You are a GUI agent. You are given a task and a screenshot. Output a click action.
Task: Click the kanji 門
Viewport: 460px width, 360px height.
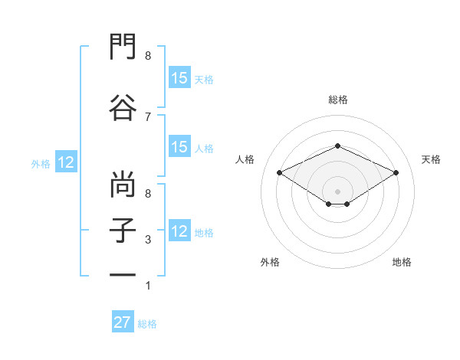[x=123, y=46]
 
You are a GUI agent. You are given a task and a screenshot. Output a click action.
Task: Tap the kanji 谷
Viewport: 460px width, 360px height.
[x=123, y=107]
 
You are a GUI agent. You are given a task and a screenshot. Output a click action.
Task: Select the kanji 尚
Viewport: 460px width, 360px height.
[x=123, y=184]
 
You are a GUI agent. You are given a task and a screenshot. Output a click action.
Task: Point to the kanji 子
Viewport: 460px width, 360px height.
[x=123, y=231]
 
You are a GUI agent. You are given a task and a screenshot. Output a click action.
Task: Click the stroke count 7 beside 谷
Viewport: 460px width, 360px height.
[x=148, y=117]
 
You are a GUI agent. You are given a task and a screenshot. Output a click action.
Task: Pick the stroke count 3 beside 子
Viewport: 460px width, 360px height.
[x=148, y=240]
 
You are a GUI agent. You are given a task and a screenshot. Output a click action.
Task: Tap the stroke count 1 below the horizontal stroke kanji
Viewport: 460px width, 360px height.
[x=148, y=286]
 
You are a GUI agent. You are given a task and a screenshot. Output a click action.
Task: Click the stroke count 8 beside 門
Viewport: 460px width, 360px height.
[x=148, y=55]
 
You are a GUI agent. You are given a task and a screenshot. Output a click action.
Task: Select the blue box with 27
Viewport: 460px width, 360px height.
[x=123, y=321]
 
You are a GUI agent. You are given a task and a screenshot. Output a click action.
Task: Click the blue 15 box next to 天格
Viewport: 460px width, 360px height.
[x=179, y=77]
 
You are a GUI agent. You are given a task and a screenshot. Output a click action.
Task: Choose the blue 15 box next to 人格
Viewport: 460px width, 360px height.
[x=179, y=146]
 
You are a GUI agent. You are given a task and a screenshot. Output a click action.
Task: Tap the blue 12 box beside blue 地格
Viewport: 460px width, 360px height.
[x=179, y=230]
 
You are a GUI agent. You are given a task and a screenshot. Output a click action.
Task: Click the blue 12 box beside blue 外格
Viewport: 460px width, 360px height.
[x=66, y=162]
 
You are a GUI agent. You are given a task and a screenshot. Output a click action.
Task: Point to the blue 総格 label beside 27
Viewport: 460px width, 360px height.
[x=147, y=324]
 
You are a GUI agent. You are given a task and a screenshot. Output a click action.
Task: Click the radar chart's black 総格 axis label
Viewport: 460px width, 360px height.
[x=338, y=100]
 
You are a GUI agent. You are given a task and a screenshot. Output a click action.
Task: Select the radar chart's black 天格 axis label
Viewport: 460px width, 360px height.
[x=431, y=159]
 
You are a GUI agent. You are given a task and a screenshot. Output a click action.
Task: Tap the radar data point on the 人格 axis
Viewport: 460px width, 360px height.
[x=280, y=172]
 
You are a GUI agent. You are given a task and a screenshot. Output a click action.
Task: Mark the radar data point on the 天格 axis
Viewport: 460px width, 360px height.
[x=396, y=172]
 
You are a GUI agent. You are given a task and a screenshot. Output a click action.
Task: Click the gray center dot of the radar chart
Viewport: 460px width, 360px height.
[x=337, y=191]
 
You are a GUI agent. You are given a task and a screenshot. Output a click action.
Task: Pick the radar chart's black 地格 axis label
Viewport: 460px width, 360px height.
[x=402, y=262]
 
